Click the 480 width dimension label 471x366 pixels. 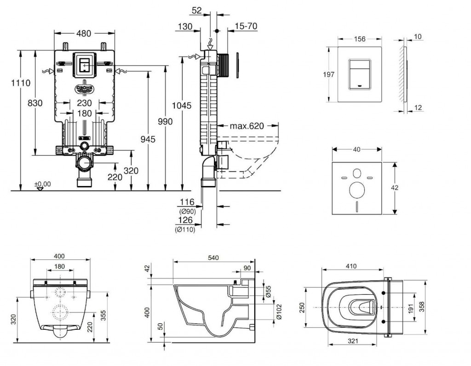tap(84, 33)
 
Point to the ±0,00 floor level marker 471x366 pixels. tap(42, 184)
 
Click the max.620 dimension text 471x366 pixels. tap(247, 126)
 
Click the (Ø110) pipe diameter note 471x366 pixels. tap(185, 230)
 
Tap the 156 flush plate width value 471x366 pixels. tap(360, 39)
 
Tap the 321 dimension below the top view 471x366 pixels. tap(353, 341)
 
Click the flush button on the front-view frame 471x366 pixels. tap(84, 64)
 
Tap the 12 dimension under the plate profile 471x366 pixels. tap(417, 107)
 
